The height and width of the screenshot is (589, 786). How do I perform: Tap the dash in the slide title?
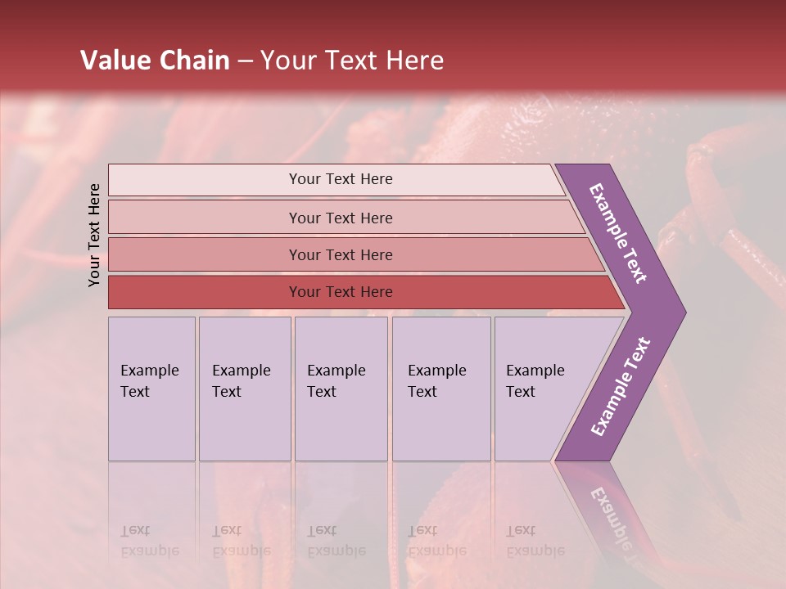click(x=245, y=61)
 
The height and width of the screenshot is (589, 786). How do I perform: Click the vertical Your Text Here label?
click(x=94, y=235)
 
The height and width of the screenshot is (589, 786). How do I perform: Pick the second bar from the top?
click(x=341, y=218)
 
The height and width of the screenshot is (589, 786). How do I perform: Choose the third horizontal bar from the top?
click(x=341, y=254)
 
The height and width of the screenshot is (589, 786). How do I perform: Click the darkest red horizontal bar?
click(x=341, y=292)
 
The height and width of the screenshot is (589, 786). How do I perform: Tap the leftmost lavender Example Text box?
click(x=151, y=388)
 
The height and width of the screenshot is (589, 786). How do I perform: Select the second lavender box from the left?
click(x=244, y=388)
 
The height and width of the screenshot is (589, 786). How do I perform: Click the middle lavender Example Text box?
click(x=341, y=388)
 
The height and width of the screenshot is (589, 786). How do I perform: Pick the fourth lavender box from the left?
click(x=440, y=388)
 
